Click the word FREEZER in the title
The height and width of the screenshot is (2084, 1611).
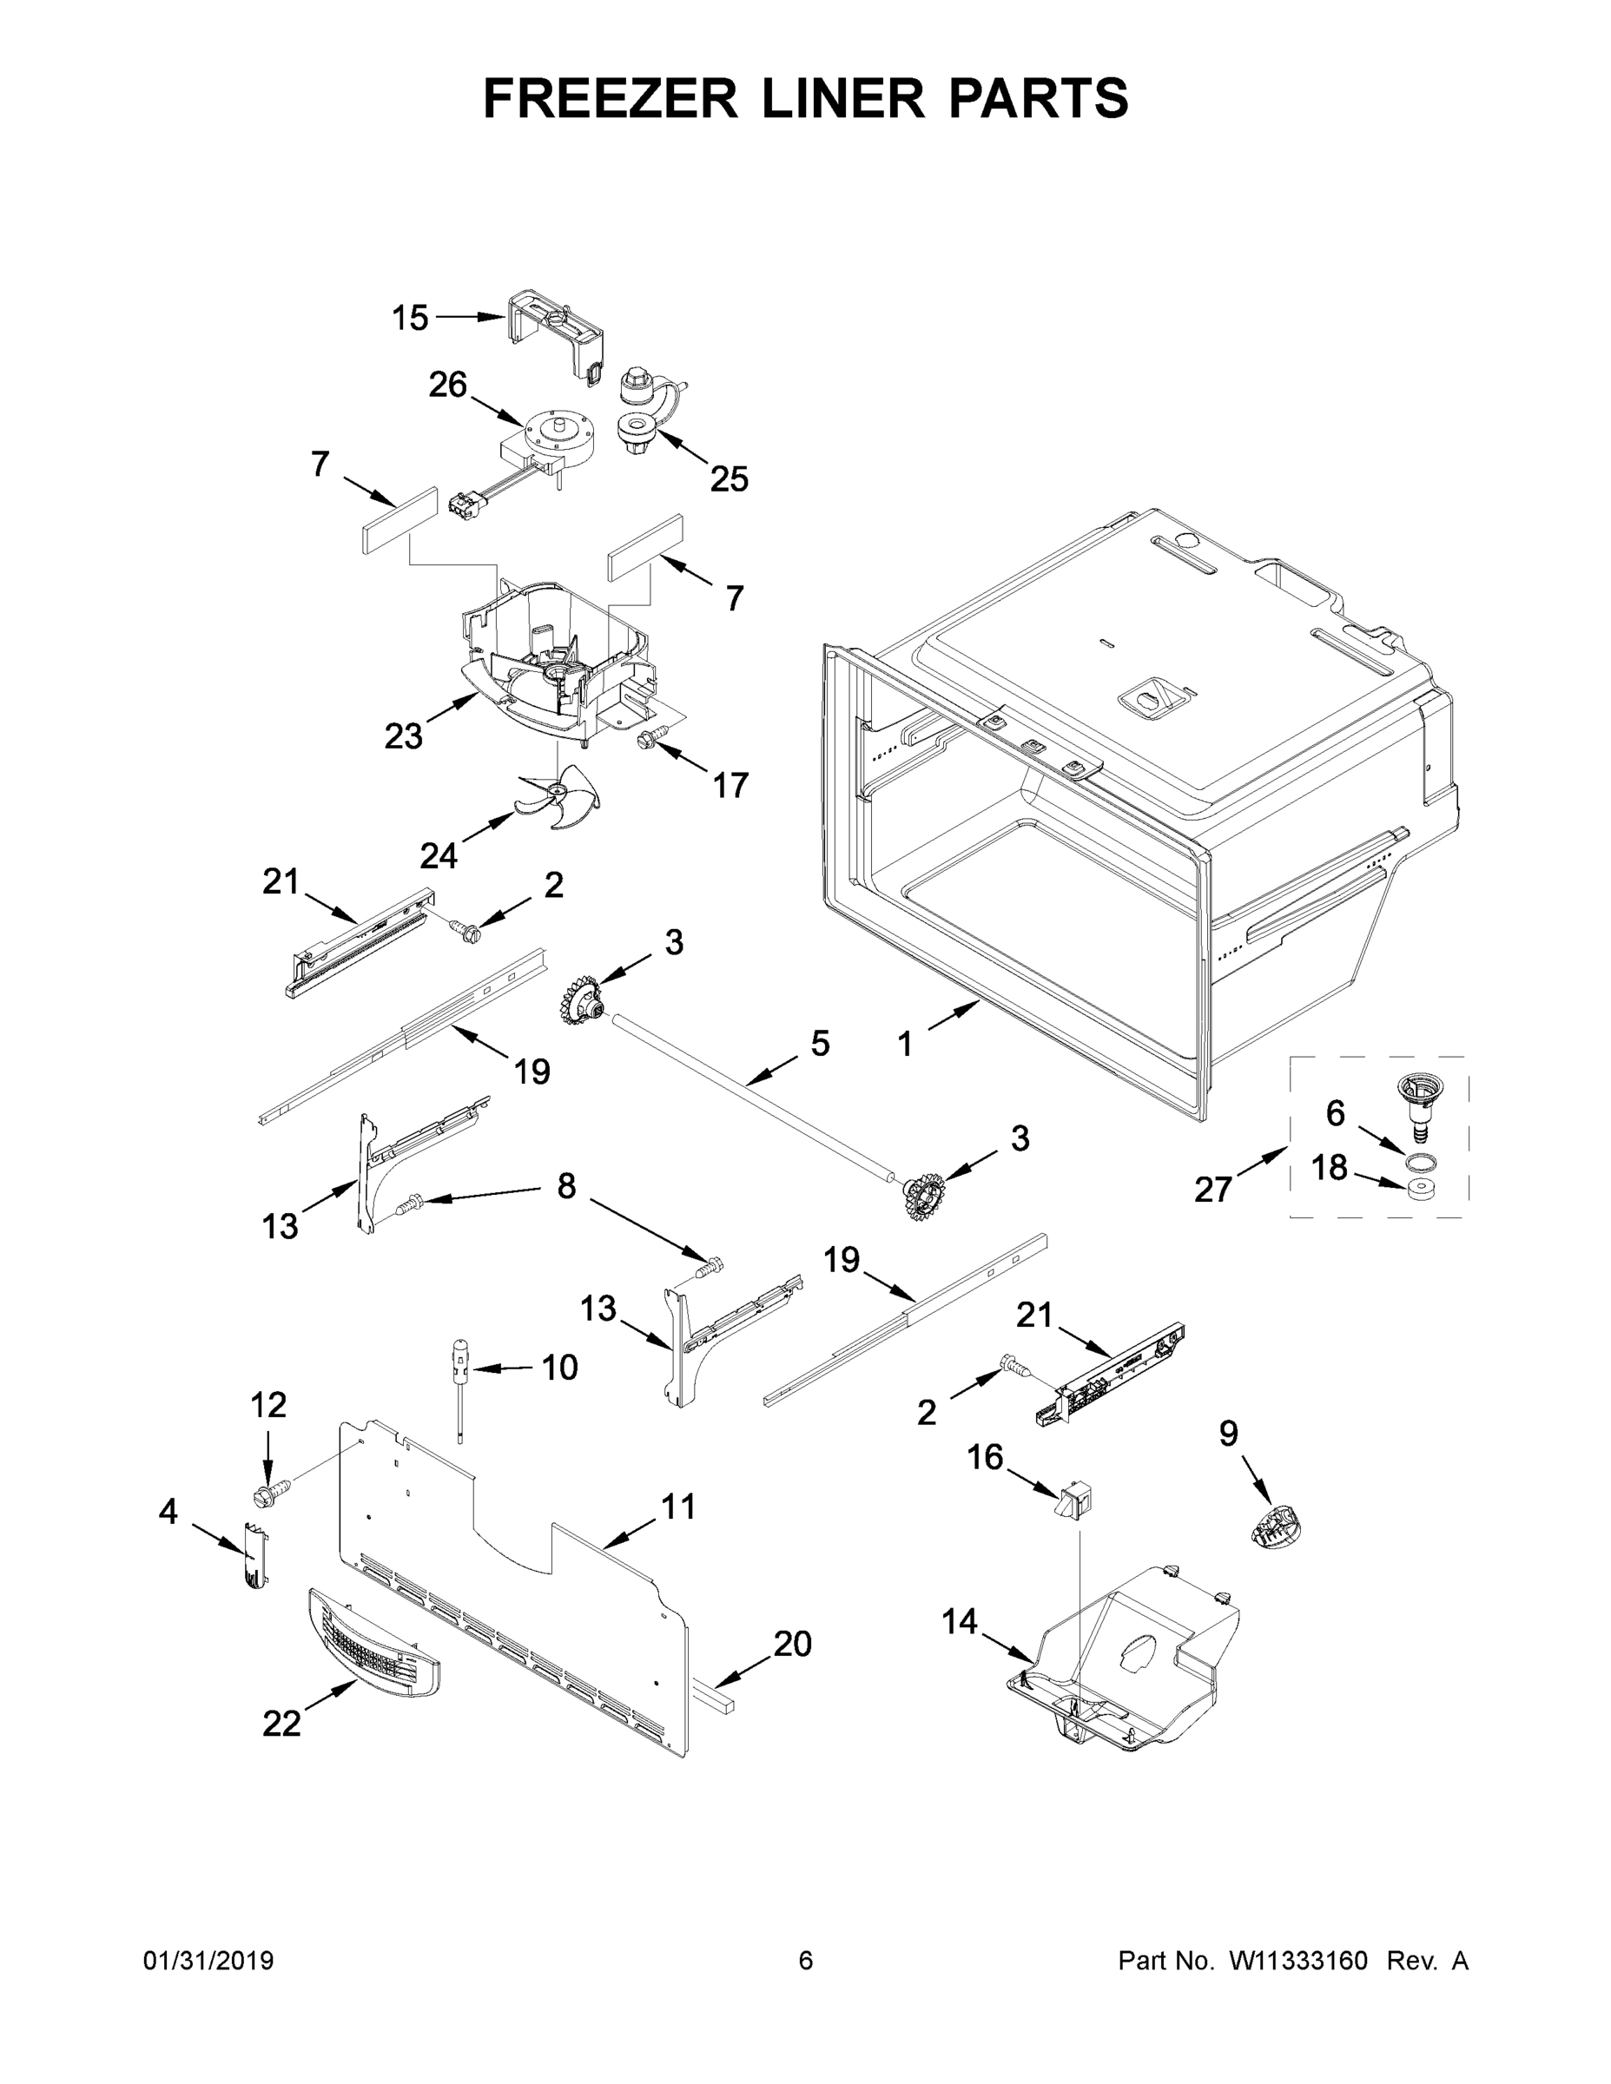[x=609, y=98]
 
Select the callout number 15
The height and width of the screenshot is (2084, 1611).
[x=411, y=318]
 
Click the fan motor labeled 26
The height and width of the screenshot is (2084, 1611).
[x=558, y=441]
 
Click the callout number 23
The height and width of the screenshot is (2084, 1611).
[x=403, y=735]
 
